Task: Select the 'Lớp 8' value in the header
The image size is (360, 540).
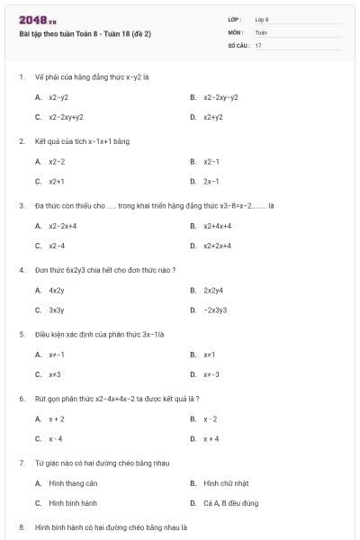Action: (262, 19)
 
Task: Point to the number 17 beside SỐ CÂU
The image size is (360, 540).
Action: (258, 45)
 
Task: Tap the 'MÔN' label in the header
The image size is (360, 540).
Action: (236, 32)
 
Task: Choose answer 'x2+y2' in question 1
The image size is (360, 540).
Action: (213, 117)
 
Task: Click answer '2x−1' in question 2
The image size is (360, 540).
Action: (211, 181)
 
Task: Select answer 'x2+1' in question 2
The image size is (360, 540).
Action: (57, 181)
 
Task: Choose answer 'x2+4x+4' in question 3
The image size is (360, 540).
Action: (218, 226)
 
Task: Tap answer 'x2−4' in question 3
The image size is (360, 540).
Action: (57, 245)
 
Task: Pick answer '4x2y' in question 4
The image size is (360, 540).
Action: (57, 291)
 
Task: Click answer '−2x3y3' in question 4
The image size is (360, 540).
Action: (215, 310)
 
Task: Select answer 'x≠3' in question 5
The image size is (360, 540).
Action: (55, 374)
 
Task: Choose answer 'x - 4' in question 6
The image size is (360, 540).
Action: (56, 438)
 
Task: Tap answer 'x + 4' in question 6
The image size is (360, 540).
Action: (211, 438)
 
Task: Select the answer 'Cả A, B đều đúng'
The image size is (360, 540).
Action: (230, 503)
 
